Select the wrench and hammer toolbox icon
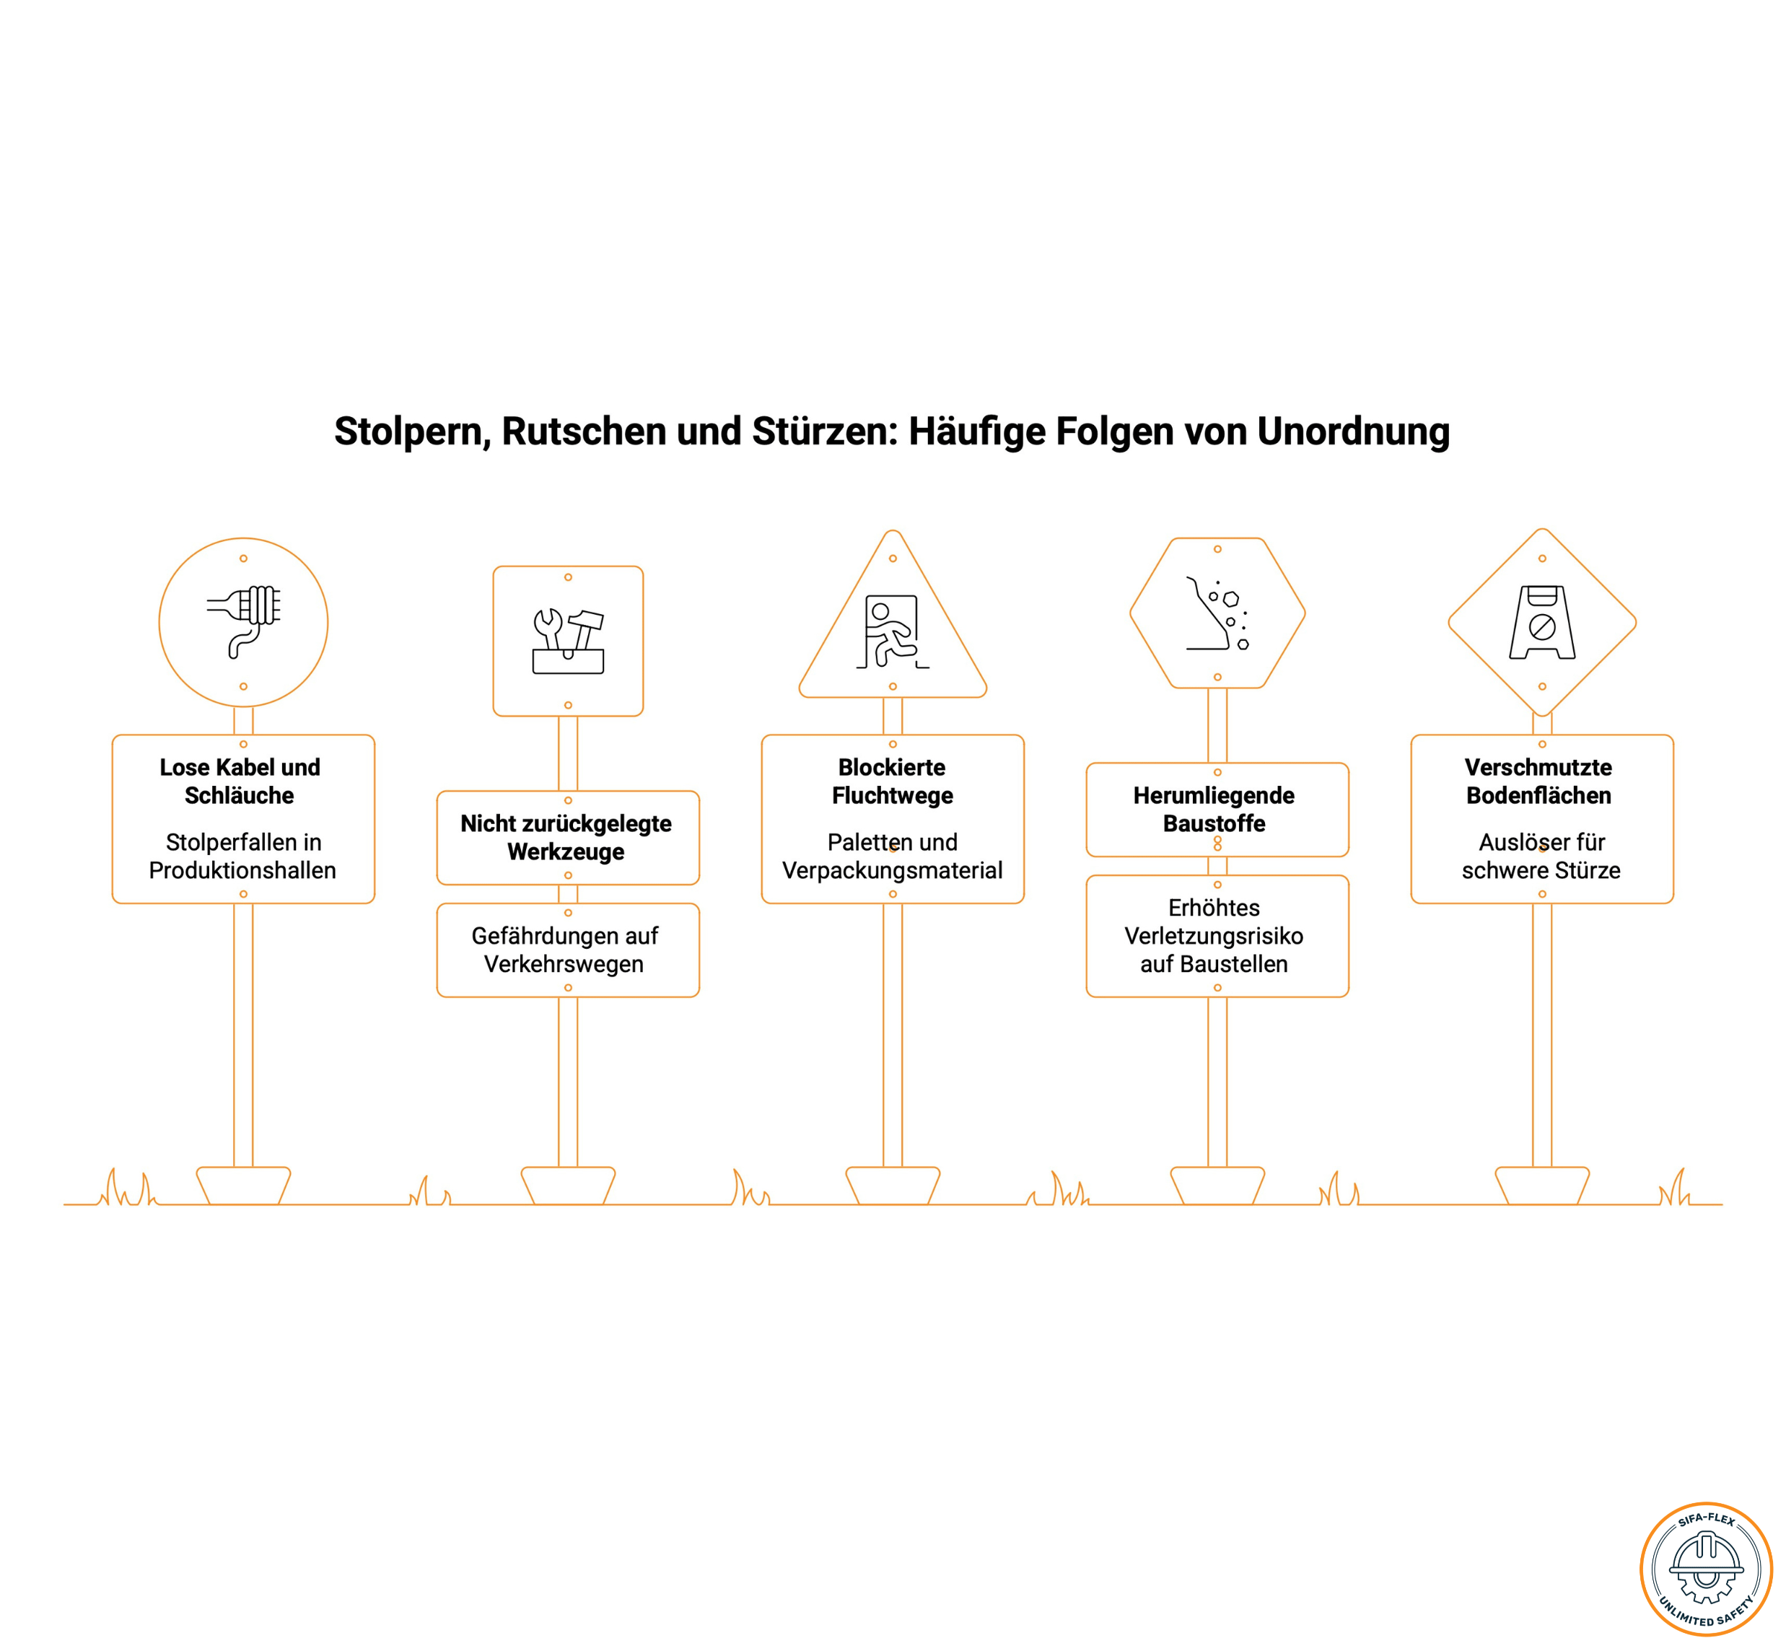click(x=568, y=641)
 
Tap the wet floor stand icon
click(x=1542, y=623)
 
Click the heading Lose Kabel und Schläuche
click(x=240, y=781)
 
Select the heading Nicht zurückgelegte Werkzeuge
click(x=566, y=837)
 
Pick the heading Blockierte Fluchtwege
click(x=893, y=781)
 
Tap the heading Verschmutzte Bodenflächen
click(x=1538, y=781)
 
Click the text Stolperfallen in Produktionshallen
click(x=243, y=856)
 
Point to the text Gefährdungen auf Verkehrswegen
click(x=564, y=950)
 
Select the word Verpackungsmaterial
click(x=893, y=870)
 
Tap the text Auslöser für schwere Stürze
click(x=1541, y=856)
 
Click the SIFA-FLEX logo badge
click(x=1706, y=1569)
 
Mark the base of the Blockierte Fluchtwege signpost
click(x=893, y=1186)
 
